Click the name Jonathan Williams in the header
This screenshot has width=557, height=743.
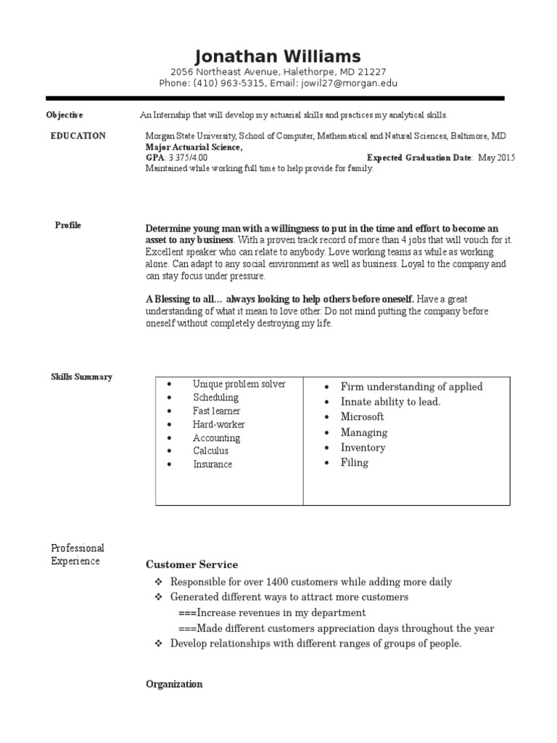(278, 57)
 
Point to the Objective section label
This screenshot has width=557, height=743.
(65, 115)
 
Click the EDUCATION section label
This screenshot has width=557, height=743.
(78, 136)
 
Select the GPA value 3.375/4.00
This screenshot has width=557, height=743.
(188, 157)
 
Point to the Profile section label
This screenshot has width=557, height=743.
(68, 225)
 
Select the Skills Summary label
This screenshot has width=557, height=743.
(81, 377)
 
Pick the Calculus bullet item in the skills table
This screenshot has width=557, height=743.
(210, 451)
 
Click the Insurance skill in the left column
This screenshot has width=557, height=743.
(213, 464)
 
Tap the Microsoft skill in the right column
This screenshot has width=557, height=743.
(362, 416)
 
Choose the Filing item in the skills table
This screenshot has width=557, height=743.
(354, 462)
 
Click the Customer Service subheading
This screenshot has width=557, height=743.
(191, 565)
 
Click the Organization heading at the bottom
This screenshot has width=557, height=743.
(174, 684)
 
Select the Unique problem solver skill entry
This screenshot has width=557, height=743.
(239, 384)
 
